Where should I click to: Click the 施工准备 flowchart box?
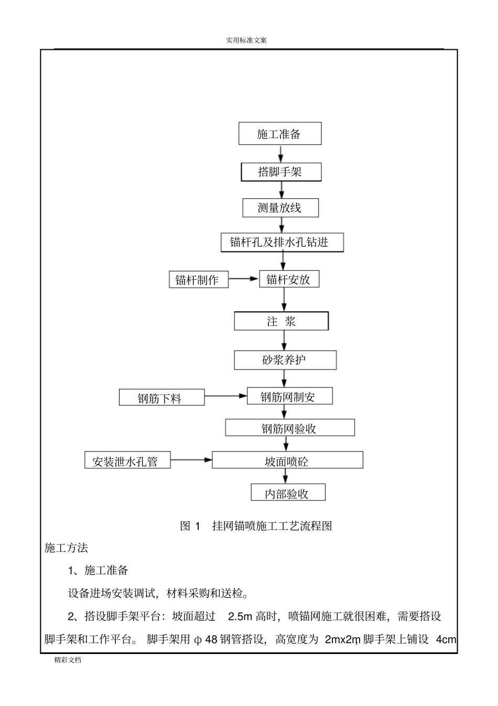280,134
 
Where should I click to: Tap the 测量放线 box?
280,208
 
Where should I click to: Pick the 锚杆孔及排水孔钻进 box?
283,243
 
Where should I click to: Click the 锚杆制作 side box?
199,279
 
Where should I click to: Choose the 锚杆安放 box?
289,279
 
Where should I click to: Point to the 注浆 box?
282,321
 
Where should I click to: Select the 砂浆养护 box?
285,360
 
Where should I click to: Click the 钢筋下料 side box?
161,398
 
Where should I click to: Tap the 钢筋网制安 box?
289,396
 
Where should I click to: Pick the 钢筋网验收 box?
290,428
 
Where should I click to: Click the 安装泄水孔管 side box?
127,460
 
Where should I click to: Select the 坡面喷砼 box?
287,460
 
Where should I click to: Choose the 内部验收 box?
288,493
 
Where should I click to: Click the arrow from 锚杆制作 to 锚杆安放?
244,279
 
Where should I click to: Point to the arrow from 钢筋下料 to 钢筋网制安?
225,396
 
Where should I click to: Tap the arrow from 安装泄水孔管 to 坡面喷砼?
191,460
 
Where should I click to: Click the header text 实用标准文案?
246,40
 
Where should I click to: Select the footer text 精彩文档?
68,660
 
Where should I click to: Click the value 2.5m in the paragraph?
241,616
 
